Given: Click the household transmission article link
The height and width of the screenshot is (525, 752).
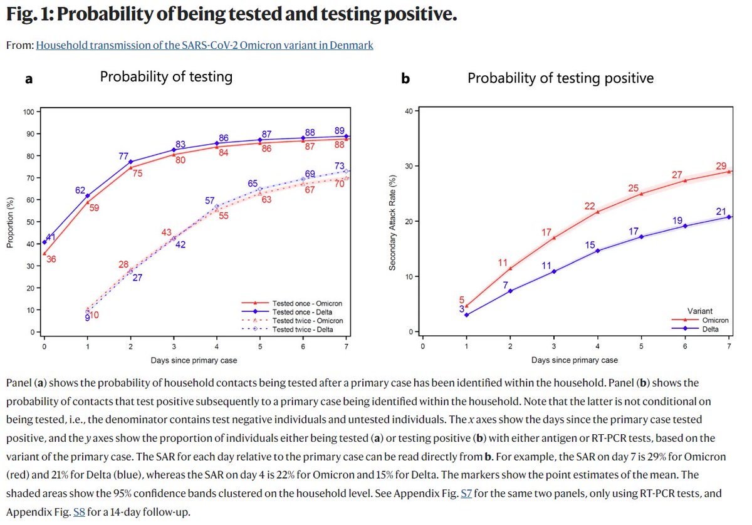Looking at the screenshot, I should [x=204, y=45].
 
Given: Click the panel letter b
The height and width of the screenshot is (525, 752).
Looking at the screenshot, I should [x=405, y=78].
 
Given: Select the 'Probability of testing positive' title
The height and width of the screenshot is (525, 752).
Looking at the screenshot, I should [x=560, y=78].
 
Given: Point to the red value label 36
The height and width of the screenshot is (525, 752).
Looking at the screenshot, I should [x=51, y=259].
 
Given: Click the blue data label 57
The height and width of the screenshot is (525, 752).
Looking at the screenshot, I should [x=211, y=200].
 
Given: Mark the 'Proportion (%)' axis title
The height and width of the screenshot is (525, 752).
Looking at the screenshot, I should [x=11, y=222].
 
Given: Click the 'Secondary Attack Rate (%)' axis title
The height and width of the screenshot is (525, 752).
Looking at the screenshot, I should [x=392, y=222].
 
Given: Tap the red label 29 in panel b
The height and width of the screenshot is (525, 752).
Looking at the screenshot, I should [x=721, y=166].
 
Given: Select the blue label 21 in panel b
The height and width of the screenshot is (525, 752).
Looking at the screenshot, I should [x=721, y=212].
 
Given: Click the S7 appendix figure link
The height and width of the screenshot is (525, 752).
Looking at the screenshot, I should [x=466, y=494].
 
